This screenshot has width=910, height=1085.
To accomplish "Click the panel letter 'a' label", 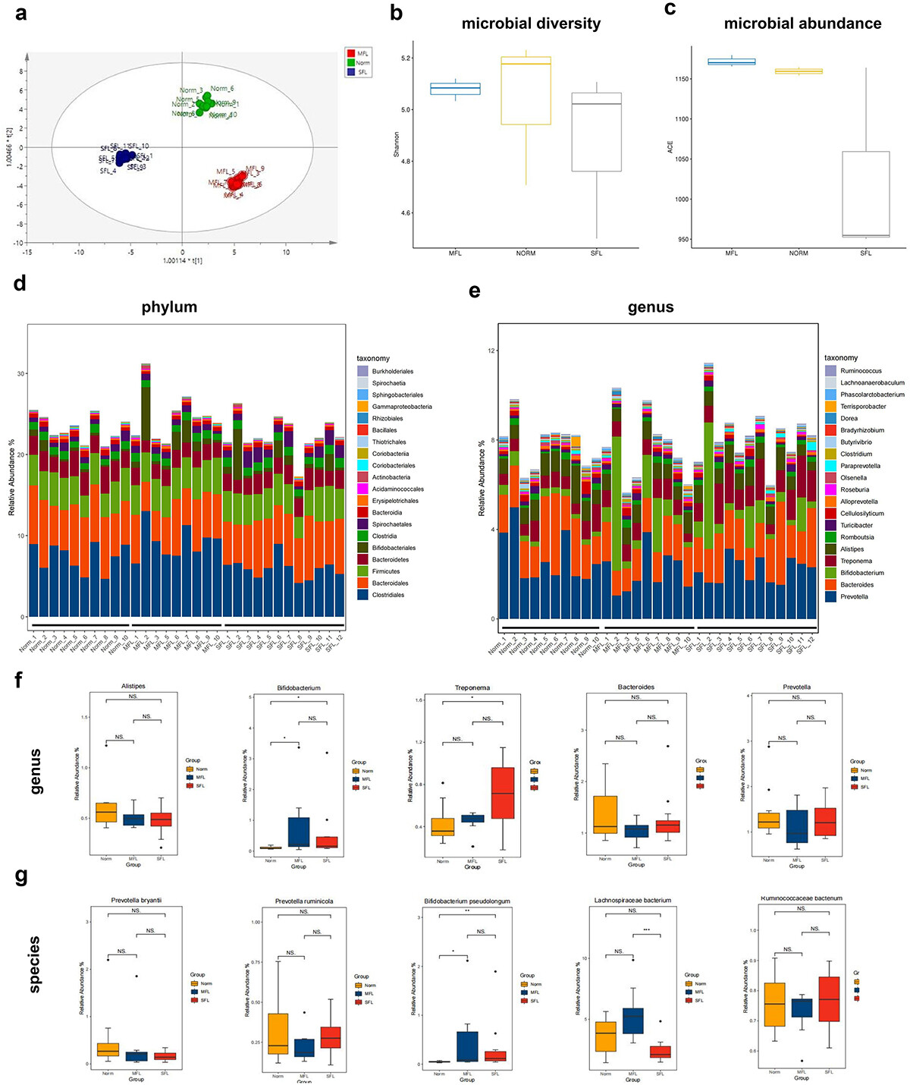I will pyautogui.click(x=20, y=13).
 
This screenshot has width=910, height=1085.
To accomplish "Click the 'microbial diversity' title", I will pyautogui.click(x=531, y=24).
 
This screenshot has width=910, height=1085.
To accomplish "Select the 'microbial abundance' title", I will pyautogui.click(x=802, y=24).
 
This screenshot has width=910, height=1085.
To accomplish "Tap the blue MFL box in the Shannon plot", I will pyautogui.click(x=455, y=89).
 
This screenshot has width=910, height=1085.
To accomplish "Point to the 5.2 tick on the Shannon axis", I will pyautogui.click(x=406, y=58).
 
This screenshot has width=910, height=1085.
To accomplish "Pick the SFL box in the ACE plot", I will pyautogui.click(x=865, y=194).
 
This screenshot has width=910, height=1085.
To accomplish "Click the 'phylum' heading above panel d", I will pyautogui.click(x=169, y=307).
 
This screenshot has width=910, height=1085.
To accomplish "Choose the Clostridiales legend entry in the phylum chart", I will pyautogui.click(x=388, y=595).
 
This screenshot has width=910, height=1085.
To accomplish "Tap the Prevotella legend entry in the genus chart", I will pyautogui.click(x=854, y=596).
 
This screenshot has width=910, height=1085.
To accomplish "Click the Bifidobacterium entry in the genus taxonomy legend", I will pyautogui.click(x=861, y=573).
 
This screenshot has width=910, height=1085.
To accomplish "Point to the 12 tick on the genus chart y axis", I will pyautogui.click(x=491, y=351).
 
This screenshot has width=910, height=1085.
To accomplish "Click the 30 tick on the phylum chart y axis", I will pyautogui.click(x=21, y=373).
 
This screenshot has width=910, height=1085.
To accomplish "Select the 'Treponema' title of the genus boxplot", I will pyautogui.click(x=472, y=688).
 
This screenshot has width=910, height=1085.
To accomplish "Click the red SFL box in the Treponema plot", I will pyautogui.click(x=502, y=793).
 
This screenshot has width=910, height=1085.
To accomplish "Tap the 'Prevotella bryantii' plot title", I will pyautogui.click(x=136, y=901).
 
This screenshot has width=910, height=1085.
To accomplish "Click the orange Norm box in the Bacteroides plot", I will pyautogui.click(x=604, y=815).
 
